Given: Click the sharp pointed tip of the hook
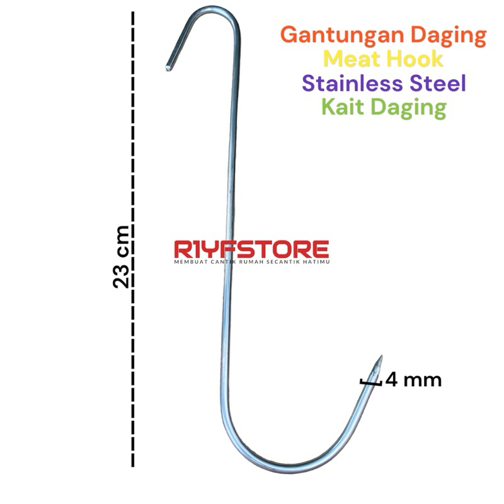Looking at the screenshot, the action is [379, 357].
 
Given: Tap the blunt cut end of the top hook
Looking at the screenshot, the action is [168, 65].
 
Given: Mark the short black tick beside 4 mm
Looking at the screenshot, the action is [371, 381].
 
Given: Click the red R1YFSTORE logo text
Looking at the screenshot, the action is [251, 248].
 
